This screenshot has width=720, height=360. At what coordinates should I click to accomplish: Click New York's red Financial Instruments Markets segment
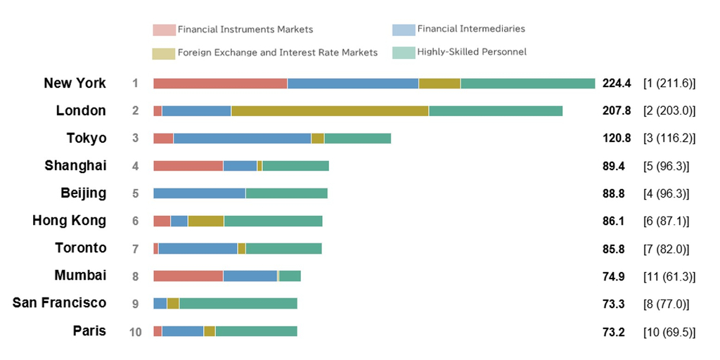pyautogui.click(x=220, y=84)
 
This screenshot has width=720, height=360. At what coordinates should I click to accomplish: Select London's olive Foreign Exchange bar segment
pyautogui.click(x=330, y=111)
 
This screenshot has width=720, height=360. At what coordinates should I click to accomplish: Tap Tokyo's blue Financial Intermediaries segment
pyautogui.click(x=242, y=139)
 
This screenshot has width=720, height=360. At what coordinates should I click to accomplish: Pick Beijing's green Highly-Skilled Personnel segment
pyautogui.click(x=286, y=193)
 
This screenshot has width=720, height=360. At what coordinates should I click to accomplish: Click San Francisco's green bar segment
pyautogui.click(x=238, y=303)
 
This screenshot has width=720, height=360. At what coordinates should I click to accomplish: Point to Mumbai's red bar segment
pyautogui.click(x=188, y=276)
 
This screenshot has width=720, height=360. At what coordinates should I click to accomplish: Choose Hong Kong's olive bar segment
pyautogui.click(x=205, y=221)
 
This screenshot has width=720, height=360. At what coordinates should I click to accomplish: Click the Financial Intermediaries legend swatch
pyautogui.click(x=404, y=30)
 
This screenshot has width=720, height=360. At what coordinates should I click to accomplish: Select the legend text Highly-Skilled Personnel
pyautogui.click(x=472, y=52)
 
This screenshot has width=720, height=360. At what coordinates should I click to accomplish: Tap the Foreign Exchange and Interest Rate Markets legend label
pyautogui.click(x=278, y=53)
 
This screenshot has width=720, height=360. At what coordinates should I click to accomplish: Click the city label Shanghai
pyautogui.click(x=75, y=166)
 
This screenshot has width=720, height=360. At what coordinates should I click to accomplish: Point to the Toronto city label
pyautogui.click(x=81, y=248)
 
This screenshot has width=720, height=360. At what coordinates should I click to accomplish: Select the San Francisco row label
pyautogui.click(x=59, y=303)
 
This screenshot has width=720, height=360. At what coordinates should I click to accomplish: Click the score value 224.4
pyautogui.click(x=617, y=84)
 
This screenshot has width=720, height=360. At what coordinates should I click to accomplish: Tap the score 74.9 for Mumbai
pyautogui.click(x=614, y=276)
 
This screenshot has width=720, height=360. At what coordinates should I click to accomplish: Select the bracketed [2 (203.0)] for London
pyautogui.click(x=669, y=111)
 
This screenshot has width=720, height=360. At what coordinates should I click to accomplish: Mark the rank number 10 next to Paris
pyautogui.click(x=135, y=331)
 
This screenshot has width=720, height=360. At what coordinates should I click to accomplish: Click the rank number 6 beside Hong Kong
pyautogui.click(x=135, y=221)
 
